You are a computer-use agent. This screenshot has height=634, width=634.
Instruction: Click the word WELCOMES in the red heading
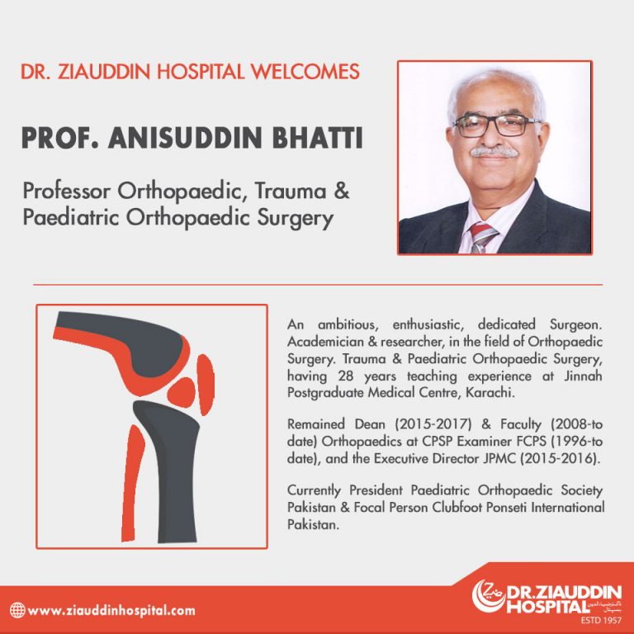click(x=305, y=72)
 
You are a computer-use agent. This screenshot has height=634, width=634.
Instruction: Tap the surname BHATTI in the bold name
click(x=317, y=138)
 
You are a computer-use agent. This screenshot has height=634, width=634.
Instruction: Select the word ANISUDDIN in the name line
click(x=185, y=138)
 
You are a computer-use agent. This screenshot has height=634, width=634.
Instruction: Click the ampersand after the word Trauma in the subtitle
click(x=342, y=191)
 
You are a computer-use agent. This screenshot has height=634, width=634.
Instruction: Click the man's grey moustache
click(x=494, y=152)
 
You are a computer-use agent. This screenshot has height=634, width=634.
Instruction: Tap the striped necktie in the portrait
click(x=482, y=238)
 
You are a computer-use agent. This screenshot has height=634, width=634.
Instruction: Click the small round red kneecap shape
click(x=181, y=392)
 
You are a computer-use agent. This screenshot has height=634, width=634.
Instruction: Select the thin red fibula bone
click(x=133, y=483)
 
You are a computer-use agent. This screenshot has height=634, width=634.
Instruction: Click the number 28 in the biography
click(x=346, y=376)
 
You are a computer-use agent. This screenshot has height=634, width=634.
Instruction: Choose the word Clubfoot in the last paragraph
click(x=457, y=507)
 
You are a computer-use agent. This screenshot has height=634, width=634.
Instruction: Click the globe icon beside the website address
click(x=17, y=610)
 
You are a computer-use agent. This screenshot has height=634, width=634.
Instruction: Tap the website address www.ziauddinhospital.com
click(x=111, y=611)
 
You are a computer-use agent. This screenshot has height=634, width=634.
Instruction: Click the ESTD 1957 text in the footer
click(x=601, y=620)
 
